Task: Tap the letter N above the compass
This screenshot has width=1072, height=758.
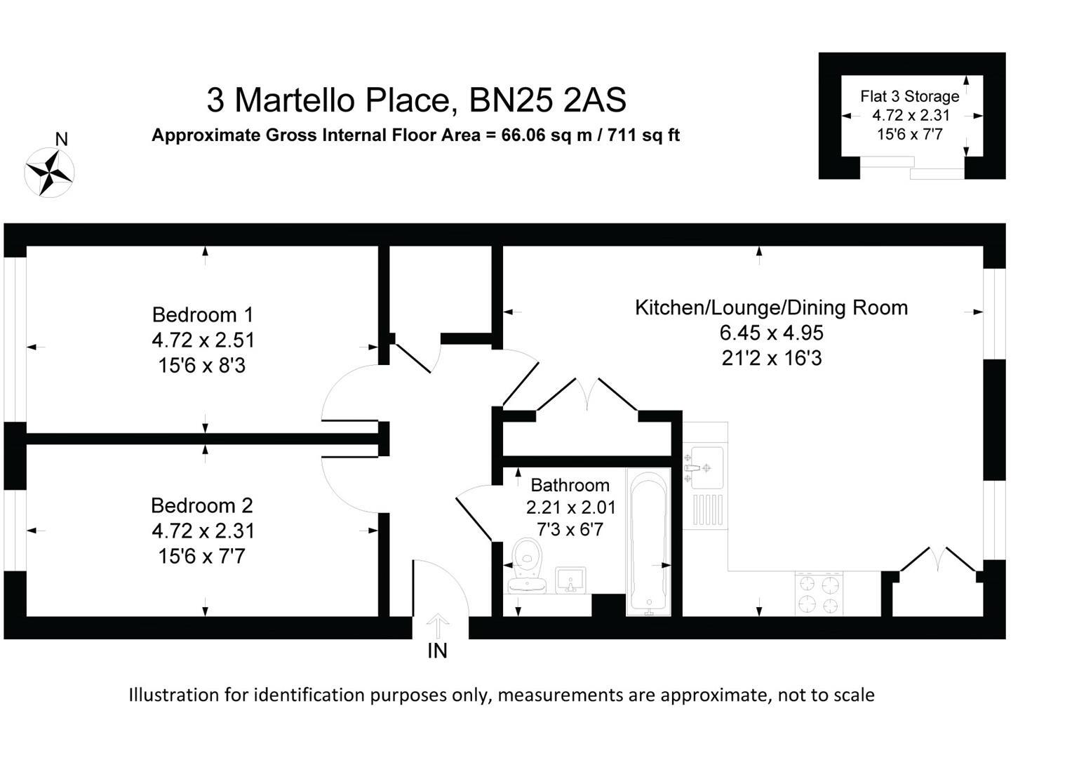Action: tap(62, 139)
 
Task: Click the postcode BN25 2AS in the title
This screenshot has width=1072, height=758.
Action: tap(547, 100)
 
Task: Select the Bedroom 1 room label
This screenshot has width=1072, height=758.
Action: tap(202, 314)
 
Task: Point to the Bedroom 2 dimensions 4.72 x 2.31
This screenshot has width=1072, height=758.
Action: tap(203, 531)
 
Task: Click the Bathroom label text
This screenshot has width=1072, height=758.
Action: tap(570, 485)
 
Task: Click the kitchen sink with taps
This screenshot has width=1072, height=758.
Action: tap(704, 467)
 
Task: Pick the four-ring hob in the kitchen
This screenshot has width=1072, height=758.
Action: tap(819, 594)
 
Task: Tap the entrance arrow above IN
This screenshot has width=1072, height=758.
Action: tap(438, 625)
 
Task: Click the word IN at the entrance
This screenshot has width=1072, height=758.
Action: tap(437, 651)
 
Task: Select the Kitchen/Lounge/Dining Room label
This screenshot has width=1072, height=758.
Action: tap(771, 307)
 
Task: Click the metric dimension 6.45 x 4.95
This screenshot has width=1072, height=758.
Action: tap(771, 333)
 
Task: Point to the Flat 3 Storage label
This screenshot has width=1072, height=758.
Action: tap(909, 97)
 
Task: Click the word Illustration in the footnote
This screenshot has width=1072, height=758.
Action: tap(173, 695)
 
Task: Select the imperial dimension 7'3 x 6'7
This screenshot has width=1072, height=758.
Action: tap(570, 530)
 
